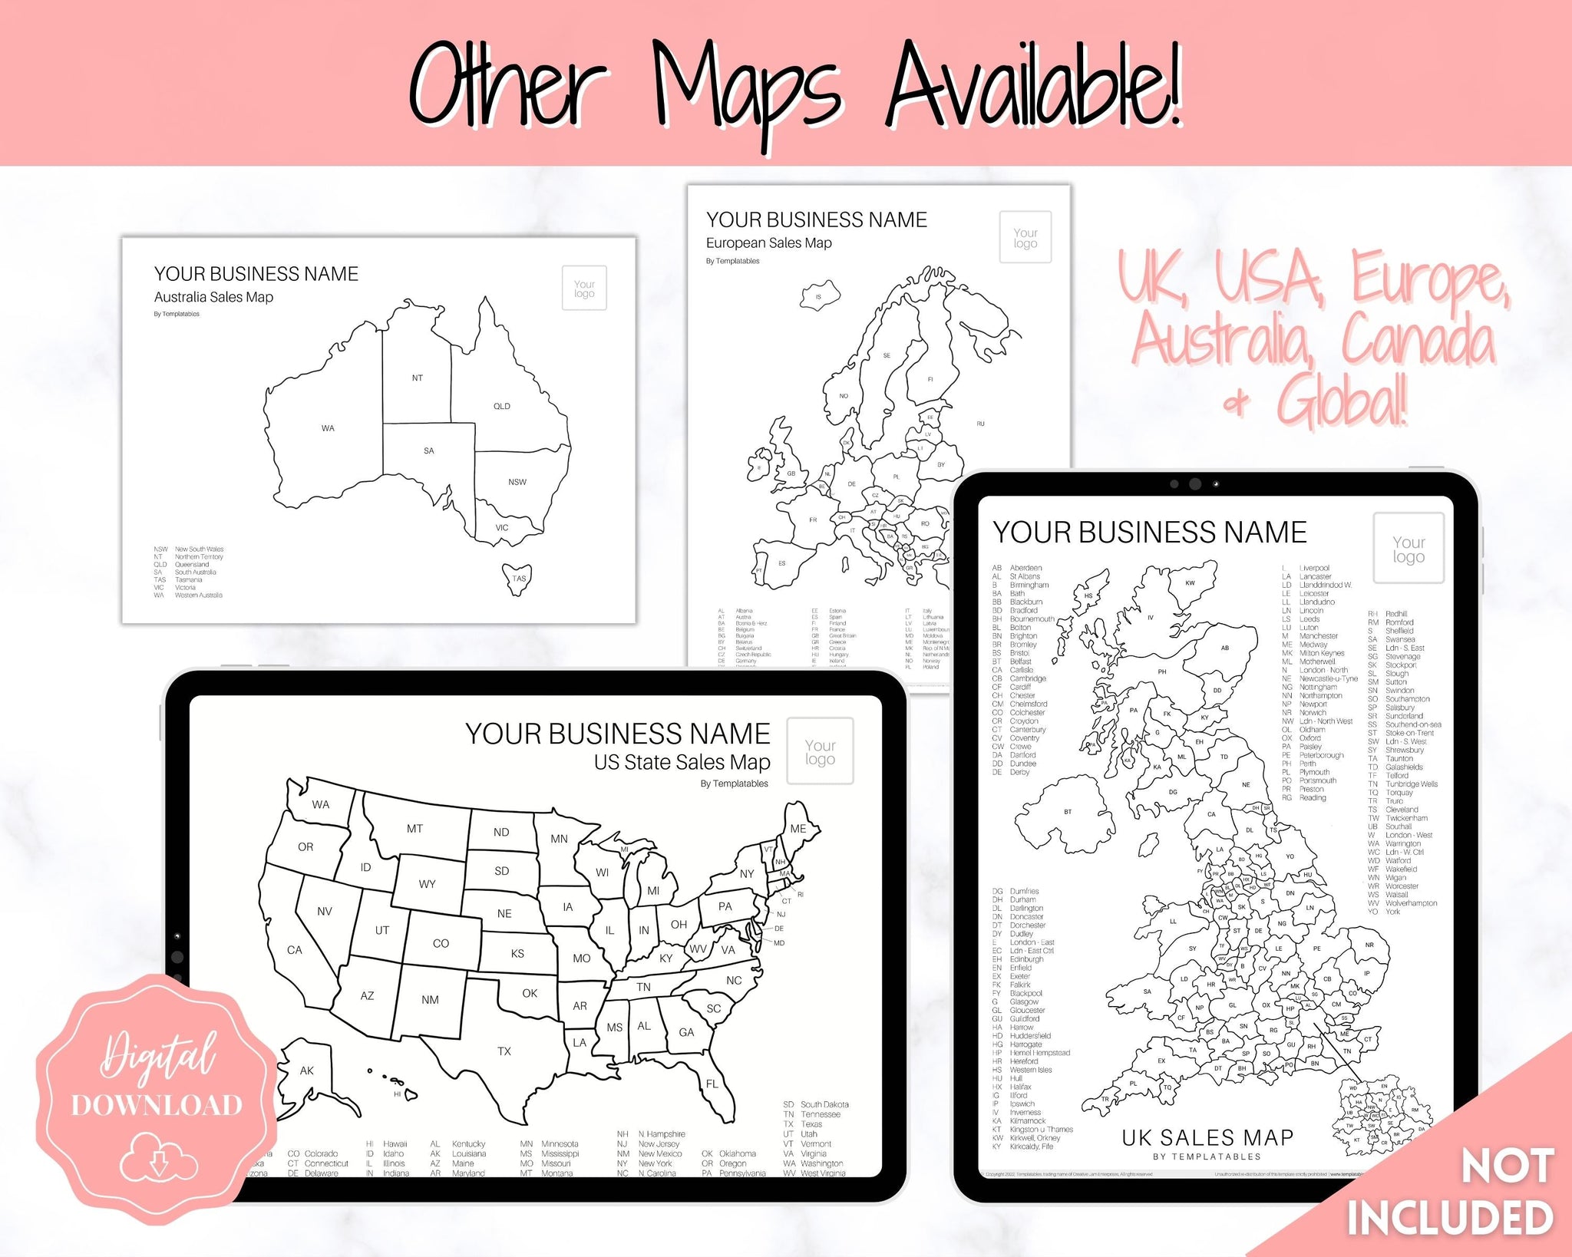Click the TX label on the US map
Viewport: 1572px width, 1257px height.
point(504,1051)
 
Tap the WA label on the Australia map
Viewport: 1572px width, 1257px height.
point(328,428)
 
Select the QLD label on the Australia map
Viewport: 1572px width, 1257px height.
point(501,407)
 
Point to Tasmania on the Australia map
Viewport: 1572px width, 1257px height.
point(518,579)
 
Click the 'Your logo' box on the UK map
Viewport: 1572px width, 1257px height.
point(1409,549)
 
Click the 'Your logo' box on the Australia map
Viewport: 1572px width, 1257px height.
point(584,289)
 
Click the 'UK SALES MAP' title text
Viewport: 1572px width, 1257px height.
point(1207,1137)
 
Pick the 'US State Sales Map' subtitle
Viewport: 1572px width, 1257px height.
point(682,762)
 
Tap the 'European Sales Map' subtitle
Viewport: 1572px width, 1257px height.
point(768,243)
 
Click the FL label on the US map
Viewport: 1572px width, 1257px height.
point(712,1084)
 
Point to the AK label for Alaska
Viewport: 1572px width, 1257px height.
point(306,1071)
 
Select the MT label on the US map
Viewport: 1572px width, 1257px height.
point(414,829)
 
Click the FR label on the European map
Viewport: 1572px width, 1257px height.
point(813,520)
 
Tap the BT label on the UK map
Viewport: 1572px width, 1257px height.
point(1067,812)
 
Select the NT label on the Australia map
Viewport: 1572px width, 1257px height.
point(417,378)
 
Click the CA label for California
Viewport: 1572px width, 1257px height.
point(294,950)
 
